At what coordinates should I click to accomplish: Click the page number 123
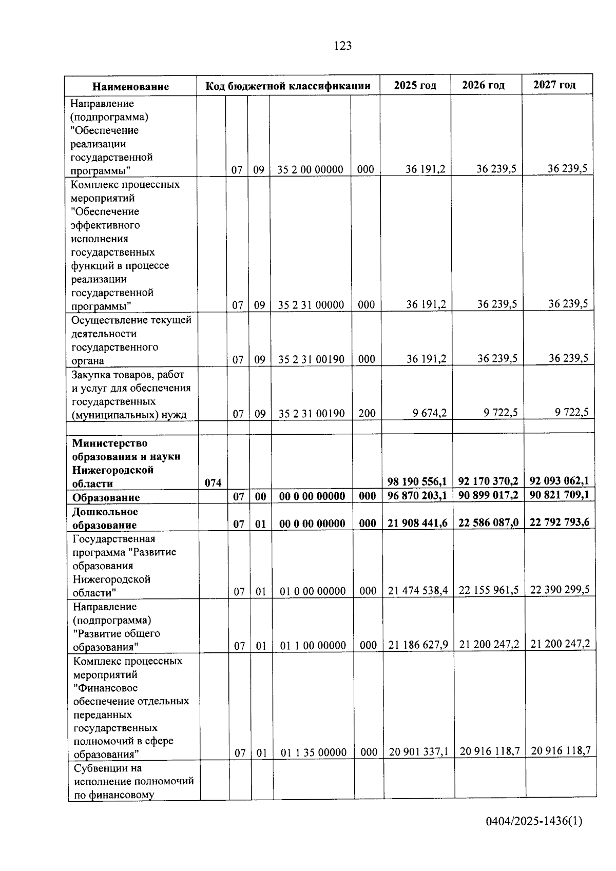(x=342, y=46)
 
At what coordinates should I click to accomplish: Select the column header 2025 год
(x=415, y=85)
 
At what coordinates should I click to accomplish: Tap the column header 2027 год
(x=554, y=85)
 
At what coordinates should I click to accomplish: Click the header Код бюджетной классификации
(x=288, y=86)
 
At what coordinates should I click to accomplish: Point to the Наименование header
(x=130, y=86)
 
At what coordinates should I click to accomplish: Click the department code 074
(x=213, y=482)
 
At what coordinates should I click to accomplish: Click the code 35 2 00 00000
(x=310, y=169)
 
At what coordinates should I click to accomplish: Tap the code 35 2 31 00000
(x=311, y=305)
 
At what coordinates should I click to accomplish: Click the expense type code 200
(x=367, y=413)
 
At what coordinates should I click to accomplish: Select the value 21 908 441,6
(x=417, y=522)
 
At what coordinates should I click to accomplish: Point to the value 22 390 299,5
(x=560, y=590)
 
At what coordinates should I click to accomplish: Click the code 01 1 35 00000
(x=313, y=752)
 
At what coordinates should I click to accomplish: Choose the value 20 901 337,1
(x=418, y=752)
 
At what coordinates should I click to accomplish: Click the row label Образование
(x=106, y=497)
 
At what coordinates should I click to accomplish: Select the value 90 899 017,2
(x=488, y=495)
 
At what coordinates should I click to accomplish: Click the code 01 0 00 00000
(x=312, y=591)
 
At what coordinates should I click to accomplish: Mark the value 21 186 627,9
(x=418, y=645)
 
